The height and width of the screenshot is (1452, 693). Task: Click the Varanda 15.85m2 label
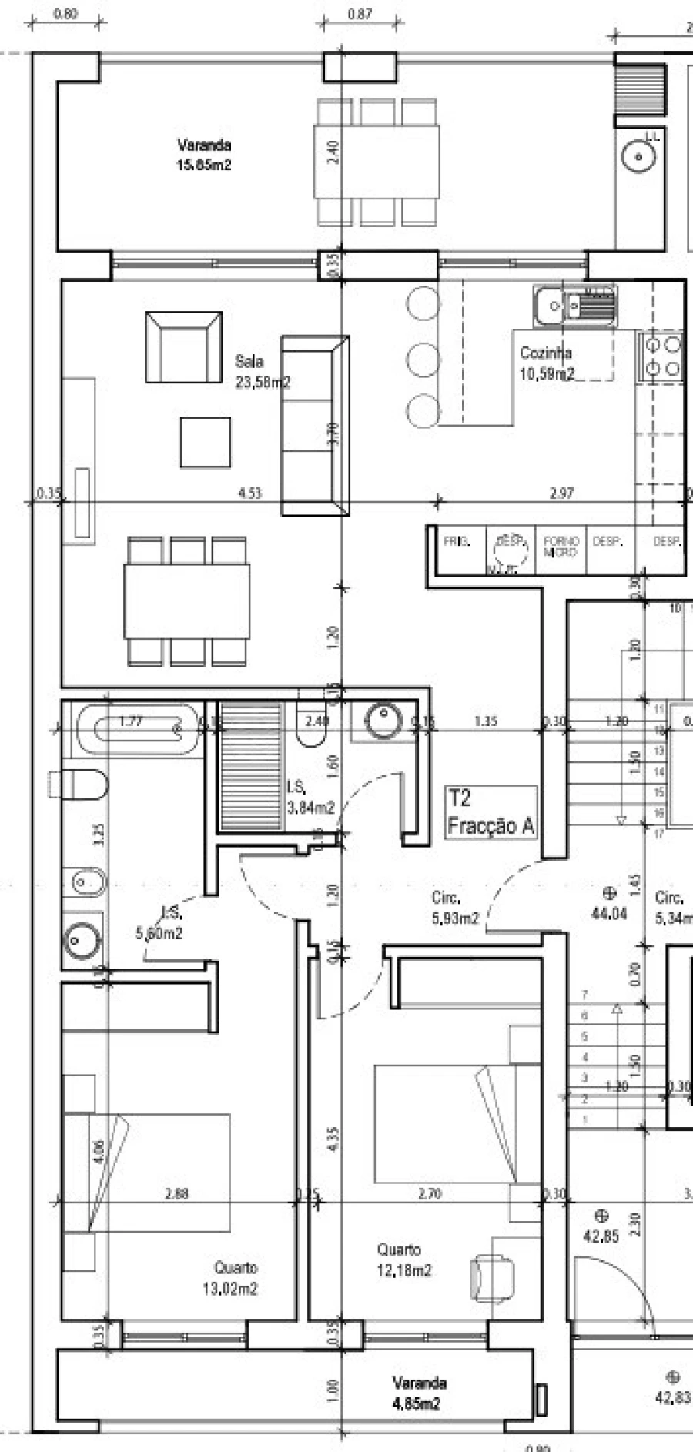click(x=204, y=155)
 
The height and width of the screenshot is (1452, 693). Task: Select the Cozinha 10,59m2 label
click(x=546, y=363)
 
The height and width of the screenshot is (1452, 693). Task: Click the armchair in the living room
click(x=183, y=347)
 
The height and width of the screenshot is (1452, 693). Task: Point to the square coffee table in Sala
click(x=206, y=442)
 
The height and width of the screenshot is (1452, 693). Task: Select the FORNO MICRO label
click(x=561, y=547)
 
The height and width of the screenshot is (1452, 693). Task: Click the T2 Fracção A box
click(x=490, y=812)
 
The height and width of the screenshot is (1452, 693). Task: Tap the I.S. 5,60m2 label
click(x=159, y=925)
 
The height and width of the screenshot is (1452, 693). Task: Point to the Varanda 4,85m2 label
click(x=417, y=1393)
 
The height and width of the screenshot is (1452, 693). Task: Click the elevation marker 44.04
click(x=608, y=904)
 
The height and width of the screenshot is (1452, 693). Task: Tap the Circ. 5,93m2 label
click(x=454, y=908)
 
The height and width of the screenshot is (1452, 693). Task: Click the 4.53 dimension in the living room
click(x=250, y=493)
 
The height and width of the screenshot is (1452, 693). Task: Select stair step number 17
click(x=658, y=834)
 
